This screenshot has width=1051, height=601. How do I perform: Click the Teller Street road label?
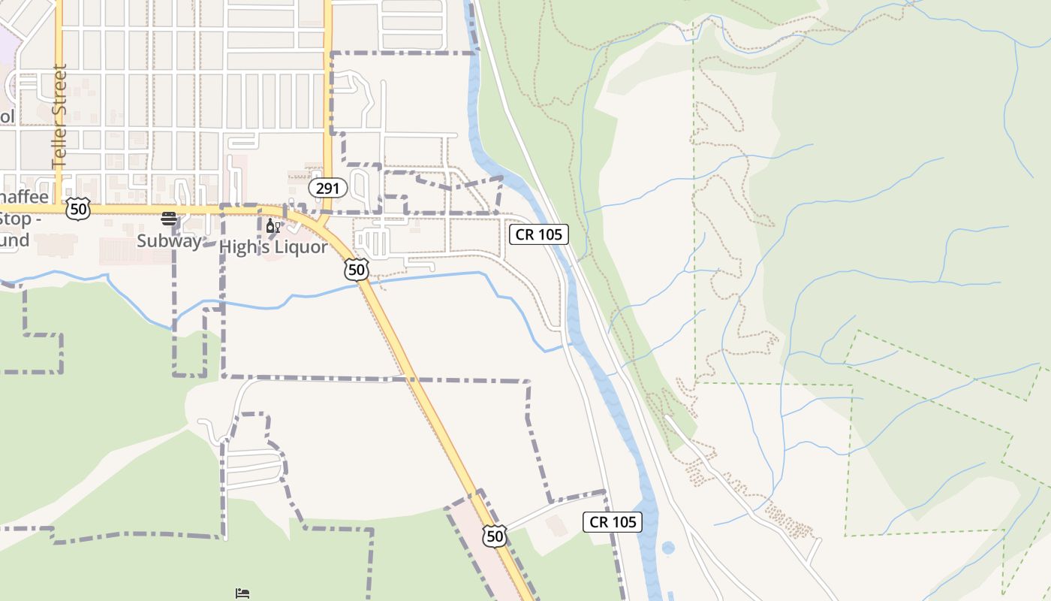59,116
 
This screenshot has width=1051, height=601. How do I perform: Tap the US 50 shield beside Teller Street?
77,209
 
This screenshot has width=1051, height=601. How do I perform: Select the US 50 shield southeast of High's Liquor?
357,270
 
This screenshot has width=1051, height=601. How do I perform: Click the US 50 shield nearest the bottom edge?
494,536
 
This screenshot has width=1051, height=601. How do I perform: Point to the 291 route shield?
327,188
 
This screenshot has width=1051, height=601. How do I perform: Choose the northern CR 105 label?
539,234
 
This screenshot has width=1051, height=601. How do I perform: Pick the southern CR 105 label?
613,522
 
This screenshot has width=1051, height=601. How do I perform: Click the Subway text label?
169,241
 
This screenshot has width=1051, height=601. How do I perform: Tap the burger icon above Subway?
169,219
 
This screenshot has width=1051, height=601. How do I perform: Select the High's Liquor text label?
273,247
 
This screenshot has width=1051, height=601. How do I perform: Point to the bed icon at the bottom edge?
242,593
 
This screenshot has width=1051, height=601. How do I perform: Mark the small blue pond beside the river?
668,548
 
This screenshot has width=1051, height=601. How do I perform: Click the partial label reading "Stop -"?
15,219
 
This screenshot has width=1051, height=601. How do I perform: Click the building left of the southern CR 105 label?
557,526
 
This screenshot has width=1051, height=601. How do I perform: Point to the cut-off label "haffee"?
24,198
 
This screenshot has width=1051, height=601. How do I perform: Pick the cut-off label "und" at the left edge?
14,240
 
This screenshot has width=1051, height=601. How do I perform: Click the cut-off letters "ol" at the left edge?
7,116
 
